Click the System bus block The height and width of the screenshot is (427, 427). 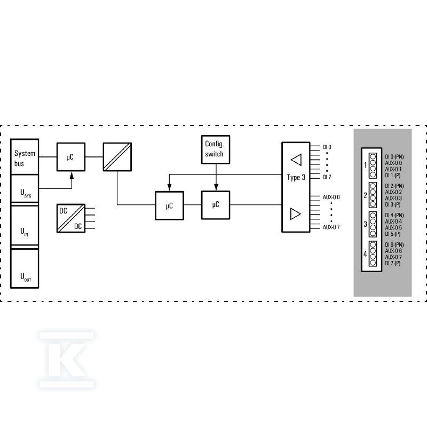pyautogui.click(x=25, y=157)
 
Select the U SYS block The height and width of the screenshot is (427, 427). pyautogui.click(x=25, y=189)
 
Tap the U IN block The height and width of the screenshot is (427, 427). pyautogui.click(x=25, y=225)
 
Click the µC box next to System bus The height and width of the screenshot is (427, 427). pyautogui.click(x=71, y=157)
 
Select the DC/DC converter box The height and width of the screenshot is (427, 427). pyautogui.click(x=71, y=218)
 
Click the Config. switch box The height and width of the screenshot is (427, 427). pyautogui.click(x=216, y=149)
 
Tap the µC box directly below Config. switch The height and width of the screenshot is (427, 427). pyautogui.click(x=216, y=205)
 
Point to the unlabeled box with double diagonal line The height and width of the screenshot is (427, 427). pyautogui.click(x=117, y=157)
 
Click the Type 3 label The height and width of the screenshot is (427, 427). pyautogui.click(x=296, y=178)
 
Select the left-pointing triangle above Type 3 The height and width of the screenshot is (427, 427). pyautogui.click(x=296, y=160)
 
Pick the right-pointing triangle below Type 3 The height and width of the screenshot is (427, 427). pyautogui.click(x=296, y=214)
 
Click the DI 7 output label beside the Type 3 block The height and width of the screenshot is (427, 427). pyautogui.click(x=327, y=177)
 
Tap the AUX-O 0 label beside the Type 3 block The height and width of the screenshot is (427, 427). pyautogui.click(x=331, y=197)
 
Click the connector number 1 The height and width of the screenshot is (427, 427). pyautogui.click(x=366, y=165)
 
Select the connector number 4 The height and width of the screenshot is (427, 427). pyautogui.click(x=366, y=254)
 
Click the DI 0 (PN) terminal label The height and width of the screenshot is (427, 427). pyautogui.click(x=394, y=157)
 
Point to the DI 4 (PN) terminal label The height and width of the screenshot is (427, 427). pyautogui.click(x=394, y=216)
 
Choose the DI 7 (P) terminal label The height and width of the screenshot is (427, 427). pyautogui.click(x=393, y=263)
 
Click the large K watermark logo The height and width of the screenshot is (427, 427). pyautogui.click(x=66, y=360)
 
